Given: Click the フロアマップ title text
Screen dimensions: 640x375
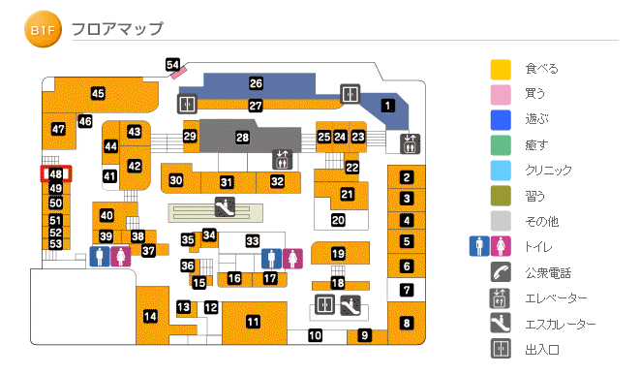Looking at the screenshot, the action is (117, 30).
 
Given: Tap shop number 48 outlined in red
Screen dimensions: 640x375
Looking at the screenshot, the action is (55, 174).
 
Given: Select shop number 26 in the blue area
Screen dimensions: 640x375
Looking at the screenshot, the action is (257, 83).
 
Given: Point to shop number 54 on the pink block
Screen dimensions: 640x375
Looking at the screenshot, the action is (173, 65).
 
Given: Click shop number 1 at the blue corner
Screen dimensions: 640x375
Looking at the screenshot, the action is (388, 106).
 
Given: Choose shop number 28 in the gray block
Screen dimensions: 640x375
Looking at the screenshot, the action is (242, 138).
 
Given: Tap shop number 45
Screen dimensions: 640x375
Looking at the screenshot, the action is (98, 93).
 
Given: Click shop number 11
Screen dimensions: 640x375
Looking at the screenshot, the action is (253, 322).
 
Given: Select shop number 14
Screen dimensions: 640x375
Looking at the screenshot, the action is (150, 316).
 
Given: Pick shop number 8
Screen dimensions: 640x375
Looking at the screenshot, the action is (408, 323).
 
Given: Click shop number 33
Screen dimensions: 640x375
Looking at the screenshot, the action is (253, 240).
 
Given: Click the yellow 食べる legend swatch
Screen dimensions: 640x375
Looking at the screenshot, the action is (500, 69).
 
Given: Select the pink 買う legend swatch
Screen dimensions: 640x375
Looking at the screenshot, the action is (500, 94).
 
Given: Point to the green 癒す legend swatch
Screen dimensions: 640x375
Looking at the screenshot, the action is (500, 144).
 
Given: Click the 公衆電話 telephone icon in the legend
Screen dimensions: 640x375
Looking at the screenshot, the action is (500, 272).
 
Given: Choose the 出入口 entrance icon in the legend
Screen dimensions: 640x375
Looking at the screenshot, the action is (500, 349).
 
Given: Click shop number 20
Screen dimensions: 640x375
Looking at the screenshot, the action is (338, 220).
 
